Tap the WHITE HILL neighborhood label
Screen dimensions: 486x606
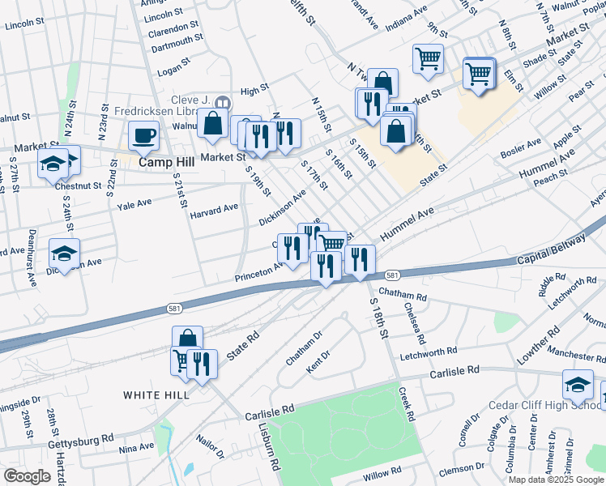tap(156, 395)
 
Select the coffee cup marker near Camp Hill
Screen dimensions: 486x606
tap(144, 134)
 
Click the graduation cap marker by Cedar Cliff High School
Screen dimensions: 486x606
tap(578, 383)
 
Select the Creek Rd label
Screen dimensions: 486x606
tap(407, 403)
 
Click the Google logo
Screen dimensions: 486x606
tap(27, 476)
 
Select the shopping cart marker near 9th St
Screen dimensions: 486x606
tap(428, 57)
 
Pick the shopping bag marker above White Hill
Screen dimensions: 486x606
tap(186, 339)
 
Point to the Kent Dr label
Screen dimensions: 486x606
tap(319, 360)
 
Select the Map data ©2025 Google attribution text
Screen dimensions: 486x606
tap(556, 480)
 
